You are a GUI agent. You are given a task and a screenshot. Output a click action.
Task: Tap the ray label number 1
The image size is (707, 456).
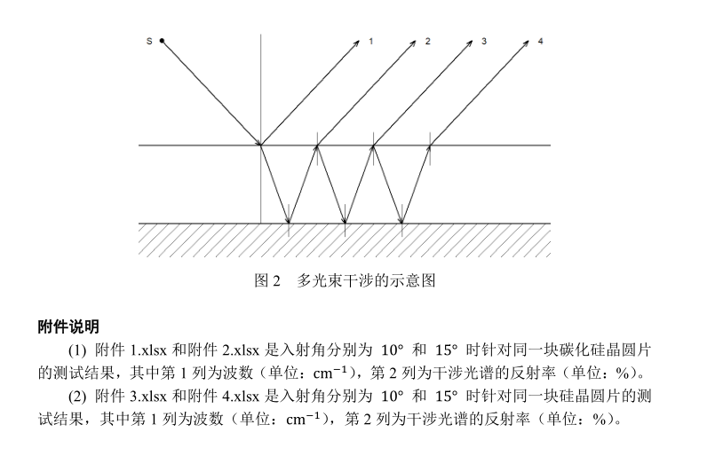(371, 42)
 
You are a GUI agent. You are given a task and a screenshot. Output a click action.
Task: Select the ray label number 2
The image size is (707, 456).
(427, 42)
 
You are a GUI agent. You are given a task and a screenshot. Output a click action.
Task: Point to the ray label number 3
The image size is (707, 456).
(484, 42)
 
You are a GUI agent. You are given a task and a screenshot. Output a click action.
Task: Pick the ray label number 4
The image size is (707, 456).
(540, 42)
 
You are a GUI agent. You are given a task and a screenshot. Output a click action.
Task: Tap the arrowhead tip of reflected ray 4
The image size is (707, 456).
(527, 39)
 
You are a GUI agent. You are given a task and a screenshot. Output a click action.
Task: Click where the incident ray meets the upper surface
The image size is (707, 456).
(260, 145)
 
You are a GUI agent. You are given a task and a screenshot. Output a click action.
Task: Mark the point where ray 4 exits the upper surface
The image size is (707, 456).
(430, 145)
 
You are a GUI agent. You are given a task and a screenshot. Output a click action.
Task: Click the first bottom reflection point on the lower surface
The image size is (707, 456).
(289, 224)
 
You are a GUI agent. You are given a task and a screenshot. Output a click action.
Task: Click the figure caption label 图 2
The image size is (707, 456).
(267, 281)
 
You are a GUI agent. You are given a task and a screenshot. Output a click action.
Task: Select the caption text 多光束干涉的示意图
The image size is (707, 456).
(366, 281)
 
